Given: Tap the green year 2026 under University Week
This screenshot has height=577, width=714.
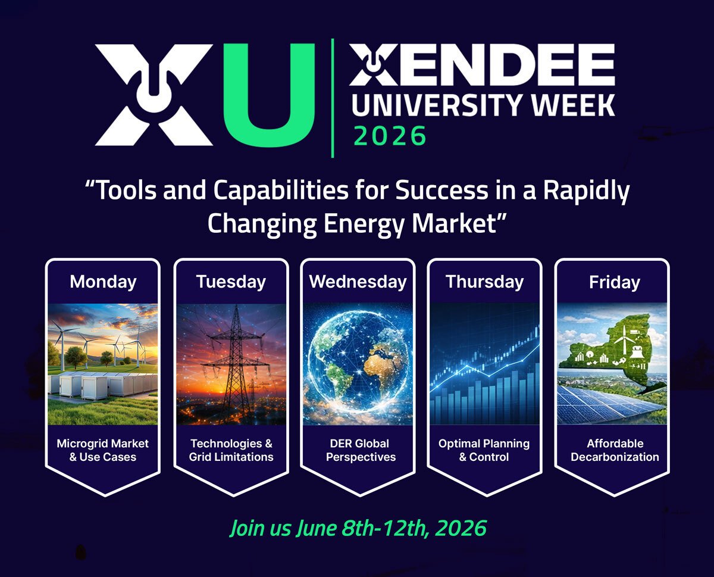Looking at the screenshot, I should click(x=390, y=136).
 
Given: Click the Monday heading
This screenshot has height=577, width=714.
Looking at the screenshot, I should click(x=103, y=281).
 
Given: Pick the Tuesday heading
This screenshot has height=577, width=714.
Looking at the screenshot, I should click(x=231, y=281).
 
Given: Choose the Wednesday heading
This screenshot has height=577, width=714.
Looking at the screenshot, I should click(x=358, y=281).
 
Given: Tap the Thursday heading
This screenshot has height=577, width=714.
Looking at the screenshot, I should click(x=484, y=281).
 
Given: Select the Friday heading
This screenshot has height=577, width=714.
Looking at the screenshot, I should click(x=614, y=282).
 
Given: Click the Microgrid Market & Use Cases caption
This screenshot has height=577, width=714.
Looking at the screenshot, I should click(x=103, y=450).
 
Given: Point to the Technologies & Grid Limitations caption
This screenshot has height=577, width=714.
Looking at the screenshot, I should click(x=231, y=450).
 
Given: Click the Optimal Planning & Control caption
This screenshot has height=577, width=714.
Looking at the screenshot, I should click(x=484, y=450).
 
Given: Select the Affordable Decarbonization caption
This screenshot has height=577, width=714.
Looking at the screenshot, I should click(x=615, y=450).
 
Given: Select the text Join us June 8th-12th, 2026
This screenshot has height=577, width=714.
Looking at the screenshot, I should click(x=358, y=528).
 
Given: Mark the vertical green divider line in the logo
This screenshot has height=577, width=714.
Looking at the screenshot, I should click(x=332, y=98).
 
